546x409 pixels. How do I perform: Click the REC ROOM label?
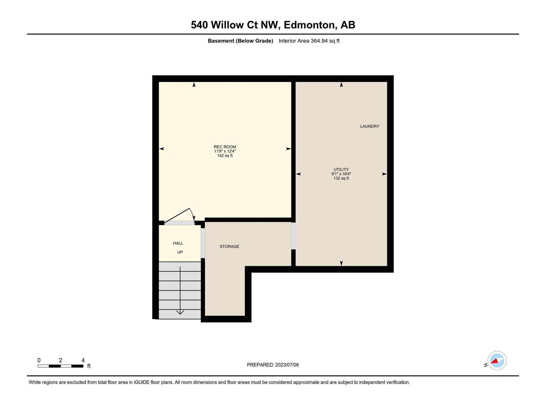[x=225, y=147]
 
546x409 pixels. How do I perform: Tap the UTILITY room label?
[x=341, y=169]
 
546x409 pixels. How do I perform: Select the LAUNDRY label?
[x=370, y=126]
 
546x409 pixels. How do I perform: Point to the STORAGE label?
[x=229, y=246]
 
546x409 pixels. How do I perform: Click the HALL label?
[x=178, y=243]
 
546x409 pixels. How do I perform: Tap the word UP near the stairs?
[x=180, y=252]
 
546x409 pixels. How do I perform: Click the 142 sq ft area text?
[x=225, y=155]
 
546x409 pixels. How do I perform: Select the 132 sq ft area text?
[x=341, y=178]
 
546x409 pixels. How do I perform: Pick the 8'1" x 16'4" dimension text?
[x=341, y=174]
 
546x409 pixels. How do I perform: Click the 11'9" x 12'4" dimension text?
[x=225, y=151]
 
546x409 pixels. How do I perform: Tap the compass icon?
[x=497, y=360]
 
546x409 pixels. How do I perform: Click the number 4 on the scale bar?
[x=83, y=360]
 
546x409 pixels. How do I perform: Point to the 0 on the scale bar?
[x=39, y=360]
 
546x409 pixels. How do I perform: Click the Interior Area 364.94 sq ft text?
[x=309, y=41]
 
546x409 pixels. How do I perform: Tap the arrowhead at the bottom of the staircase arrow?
[x=180, y=313]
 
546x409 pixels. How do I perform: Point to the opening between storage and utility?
[x=293, y=236]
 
